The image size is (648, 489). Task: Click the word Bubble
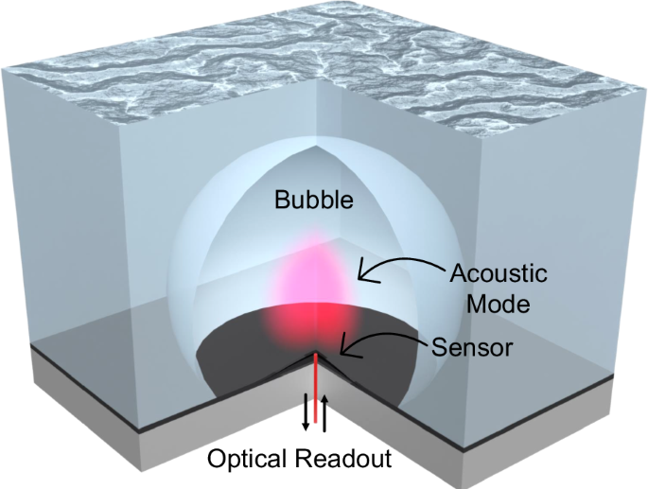tap(314, 200)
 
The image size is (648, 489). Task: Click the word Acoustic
tap(499, 273)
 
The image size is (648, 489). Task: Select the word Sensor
tap(472, 348)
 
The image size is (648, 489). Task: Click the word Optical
tap(247, 459)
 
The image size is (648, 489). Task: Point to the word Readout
tap(343, 459)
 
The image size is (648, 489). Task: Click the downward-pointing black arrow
tap(306, 412)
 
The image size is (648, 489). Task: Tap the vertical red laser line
tap(316, 387)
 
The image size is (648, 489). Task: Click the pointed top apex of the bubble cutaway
tap(317, 146)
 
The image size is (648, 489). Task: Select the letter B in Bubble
tap(283, 200)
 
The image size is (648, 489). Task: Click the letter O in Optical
tap(218, 459)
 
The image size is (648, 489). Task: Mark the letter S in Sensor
tap(440, 348)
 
